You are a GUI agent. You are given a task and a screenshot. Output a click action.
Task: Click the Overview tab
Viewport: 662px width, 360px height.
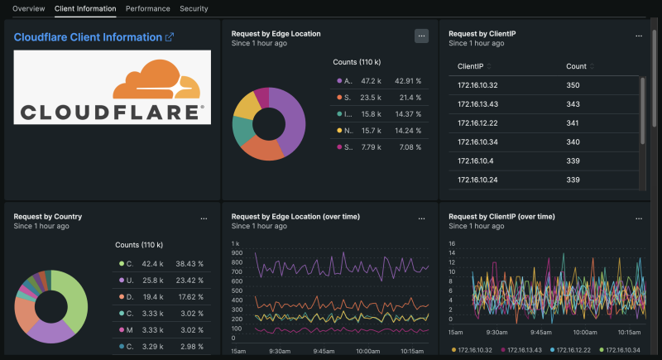click(28, 8)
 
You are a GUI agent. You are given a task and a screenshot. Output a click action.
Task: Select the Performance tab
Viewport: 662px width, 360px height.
click(148, 8)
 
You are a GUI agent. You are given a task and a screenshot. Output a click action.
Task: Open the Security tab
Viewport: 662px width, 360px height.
click(194, 8)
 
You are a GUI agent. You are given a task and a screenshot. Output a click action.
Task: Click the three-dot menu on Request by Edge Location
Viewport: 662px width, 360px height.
click(421, 36)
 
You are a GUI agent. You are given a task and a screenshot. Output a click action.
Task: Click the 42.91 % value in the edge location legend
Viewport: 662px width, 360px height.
click(408, 81)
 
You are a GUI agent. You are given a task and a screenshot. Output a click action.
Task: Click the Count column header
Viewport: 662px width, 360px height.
click(576, 66)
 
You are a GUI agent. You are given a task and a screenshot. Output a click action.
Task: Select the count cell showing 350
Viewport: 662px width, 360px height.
click(573, 85)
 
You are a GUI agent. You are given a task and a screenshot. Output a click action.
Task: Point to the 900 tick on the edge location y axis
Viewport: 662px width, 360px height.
click(237, 252)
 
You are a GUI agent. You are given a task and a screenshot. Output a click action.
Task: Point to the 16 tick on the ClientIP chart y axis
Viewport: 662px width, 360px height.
click(453, 243)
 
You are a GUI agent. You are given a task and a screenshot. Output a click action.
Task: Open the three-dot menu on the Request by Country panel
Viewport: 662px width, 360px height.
click(204, 218)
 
